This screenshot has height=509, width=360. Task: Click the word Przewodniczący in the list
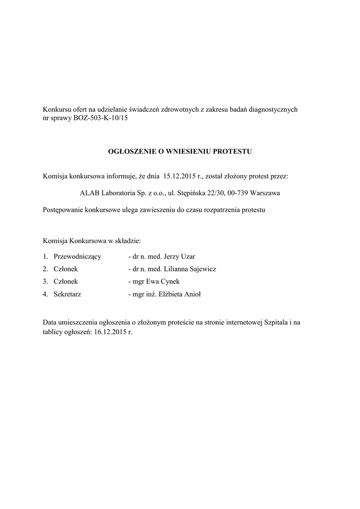(x=78, y=256)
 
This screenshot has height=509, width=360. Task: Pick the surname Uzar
(x=187, y=256)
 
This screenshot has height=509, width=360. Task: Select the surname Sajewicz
(x=200, y=269)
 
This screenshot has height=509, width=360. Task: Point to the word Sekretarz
(x=68, y=294)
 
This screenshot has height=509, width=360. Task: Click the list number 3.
(x=45, y=281)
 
